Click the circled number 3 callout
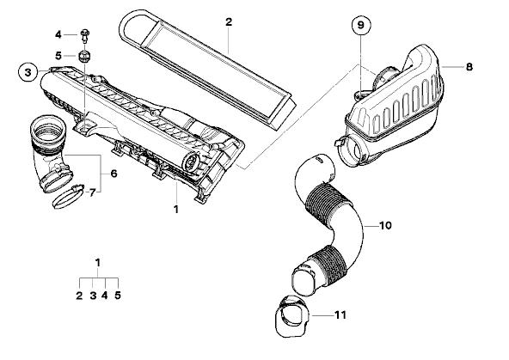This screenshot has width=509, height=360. pos(28,72)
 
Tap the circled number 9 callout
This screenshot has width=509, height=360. pos(361,25)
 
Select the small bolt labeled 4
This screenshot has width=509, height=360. pos(85,36)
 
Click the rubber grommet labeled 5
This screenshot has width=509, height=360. pos(84,56)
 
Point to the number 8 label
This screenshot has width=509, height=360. pos(469,67)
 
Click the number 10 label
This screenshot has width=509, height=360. pos(385,225)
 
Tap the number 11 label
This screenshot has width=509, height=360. pos(340,315)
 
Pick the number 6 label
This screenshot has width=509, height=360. pos(113,174)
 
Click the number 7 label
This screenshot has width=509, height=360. pos(92,193)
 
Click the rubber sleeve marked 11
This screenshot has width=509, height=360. pos(292,317)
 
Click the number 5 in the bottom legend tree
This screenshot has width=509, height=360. pos(118,296)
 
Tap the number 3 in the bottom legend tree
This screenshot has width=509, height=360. pos(93,296)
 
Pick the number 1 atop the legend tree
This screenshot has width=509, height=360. pos(98,262)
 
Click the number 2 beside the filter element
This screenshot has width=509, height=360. pos(229,22)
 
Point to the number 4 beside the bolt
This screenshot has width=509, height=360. pos(58,34)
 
